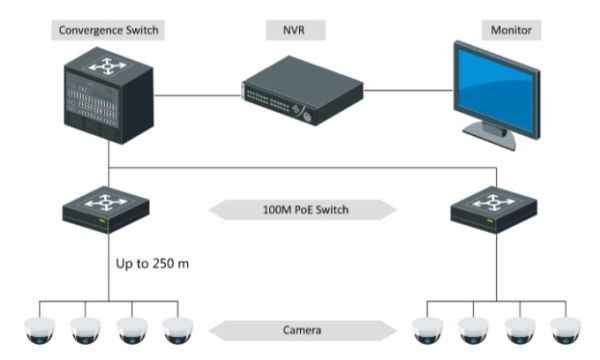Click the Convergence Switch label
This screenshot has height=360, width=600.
point(106,31)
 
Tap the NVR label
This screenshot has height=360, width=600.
point(301,31)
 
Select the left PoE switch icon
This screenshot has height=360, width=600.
point(106,209)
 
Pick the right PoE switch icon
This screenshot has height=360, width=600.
point(492,209)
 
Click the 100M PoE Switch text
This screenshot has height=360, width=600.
point(301,211)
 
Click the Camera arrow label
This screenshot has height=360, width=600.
point(301,327)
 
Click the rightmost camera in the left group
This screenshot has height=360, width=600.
point(178,328)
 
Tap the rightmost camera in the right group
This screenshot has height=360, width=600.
point(567,328)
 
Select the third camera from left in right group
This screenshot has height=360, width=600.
point(519,328)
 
